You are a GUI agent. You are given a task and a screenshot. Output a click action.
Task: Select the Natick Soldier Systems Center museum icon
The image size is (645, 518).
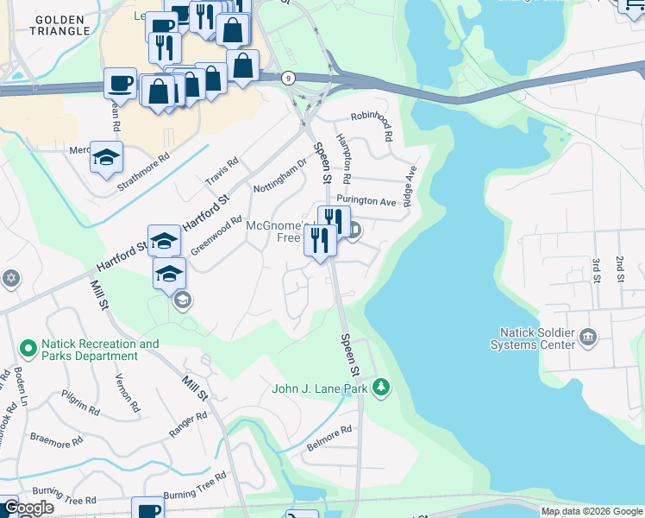tap(589, 336)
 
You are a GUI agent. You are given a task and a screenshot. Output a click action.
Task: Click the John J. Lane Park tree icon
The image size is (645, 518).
tap(380, 388)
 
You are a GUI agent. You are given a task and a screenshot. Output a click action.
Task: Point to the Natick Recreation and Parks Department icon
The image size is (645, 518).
tap(28, 350)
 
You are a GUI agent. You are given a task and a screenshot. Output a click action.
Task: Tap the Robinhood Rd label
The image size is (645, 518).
tap(372, 125)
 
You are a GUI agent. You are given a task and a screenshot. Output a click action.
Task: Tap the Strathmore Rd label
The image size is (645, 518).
tap(143, 173)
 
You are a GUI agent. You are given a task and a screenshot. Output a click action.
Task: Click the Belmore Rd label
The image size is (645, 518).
tap(329, 439)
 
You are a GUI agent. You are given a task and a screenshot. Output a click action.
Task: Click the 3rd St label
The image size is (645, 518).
tap(596, 268)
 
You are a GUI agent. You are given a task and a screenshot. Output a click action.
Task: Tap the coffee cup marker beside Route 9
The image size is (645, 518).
tap(120, 83)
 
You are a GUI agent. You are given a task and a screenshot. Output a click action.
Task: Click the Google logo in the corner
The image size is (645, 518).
tap(28, 508)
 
